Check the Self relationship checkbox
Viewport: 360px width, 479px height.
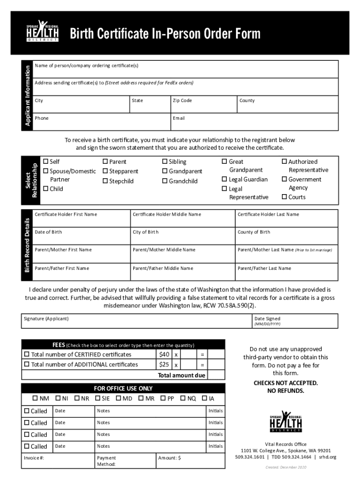46,161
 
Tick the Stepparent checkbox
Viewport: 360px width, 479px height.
105,171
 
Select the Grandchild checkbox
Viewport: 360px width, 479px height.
165,181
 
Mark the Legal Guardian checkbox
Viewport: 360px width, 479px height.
224,179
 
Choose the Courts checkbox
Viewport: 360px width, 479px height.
284,197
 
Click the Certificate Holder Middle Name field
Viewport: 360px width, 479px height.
182,218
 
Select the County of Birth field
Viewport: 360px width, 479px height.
286,236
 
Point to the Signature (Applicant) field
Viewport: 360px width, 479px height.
136,321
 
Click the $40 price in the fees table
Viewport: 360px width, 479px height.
164,354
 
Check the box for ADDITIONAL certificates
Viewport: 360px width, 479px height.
27,364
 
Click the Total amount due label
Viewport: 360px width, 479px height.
181,375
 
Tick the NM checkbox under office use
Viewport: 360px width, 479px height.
35,399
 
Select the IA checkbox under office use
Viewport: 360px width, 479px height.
204,399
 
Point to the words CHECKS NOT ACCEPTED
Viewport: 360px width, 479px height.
285,383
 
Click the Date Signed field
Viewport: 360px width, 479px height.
294,321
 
